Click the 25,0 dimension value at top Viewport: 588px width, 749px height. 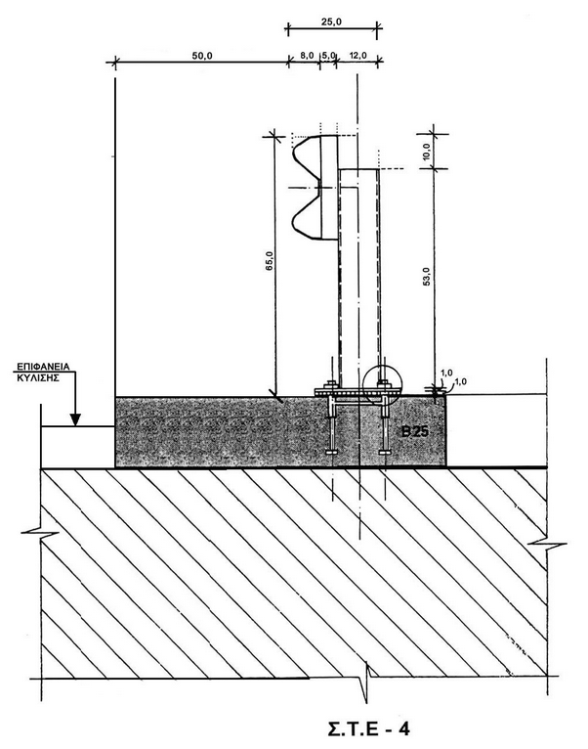point(331,22)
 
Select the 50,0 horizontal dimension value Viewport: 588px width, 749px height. point(202,56)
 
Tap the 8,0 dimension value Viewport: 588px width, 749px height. point(307,56)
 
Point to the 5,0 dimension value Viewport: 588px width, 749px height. point(329,56)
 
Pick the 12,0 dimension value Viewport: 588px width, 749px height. point(357,56)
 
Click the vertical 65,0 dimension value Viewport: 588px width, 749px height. point(270,261)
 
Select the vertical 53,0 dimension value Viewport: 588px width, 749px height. point(426,276)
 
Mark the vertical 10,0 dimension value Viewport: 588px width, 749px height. point(426,152)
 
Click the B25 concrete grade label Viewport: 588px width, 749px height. point(415,432)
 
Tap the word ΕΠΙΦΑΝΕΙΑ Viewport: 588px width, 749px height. point(43,367)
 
